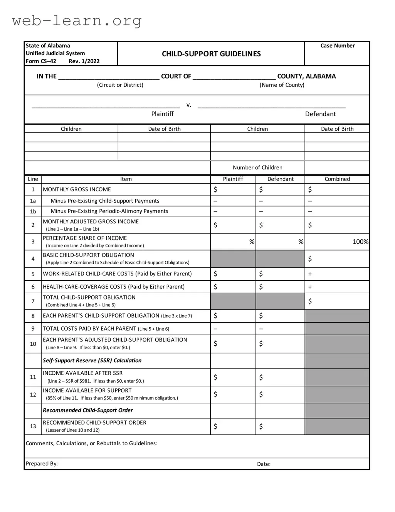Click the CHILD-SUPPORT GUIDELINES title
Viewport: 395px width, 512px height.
(211, 54)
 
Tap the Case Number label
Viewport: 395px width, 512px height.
(337, 46)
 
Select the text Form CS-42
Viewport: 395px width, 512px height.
(41, 61)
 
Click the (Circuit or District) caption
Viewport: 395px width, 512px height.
(120, 85)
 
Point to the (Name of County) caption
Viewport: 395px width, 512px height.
(282, 85)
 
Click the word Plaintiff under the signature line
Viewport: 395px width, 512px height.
(162, 114)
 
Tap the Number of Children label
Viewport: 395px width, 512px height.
(257, 167)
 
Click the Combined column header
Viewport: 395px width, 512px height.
(337, 179)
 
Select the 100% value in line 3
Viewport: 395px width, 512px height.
(360, 242)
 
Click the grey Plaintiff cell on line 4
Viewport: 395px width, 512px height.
(233, 259)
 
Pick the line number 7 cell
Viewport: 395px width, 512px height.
(33, 301)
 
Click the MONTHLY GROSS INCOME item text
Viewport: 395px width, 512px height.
(77, 189)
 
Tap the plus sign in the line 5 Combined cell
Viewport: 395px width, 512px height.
(310, 274)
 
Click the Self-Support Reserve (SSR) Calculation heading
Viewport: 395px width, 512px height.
(92, 360)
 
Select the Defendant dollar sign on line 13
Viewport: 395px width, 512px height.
(261, 426)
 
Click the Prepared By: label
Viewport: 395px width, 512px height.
(42, 463)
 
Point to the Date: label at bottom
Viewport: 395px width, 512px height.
(264, 464)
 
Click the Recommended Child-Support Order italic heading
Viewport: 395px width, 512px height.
(88, 410)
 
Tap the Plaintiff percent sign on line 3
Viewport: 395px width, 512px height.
(252, 242)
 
